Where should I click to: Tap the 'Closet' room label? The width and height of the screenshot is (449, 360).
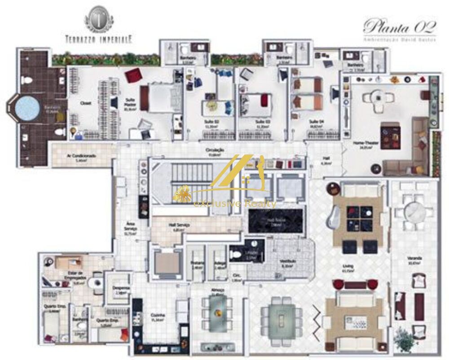(x=86, y=103)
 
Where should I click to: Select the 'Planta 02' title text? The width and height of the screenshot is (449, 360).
(x=399, y=27)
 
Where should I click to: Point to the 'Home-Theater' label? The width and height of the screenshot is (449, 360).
(x=363, y=143)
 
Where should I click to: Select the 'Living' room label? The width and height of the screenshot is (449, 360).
(x=348, y=267)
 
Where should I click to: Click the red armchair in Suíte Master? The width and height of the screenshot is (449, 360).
(x=133, y=75)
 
